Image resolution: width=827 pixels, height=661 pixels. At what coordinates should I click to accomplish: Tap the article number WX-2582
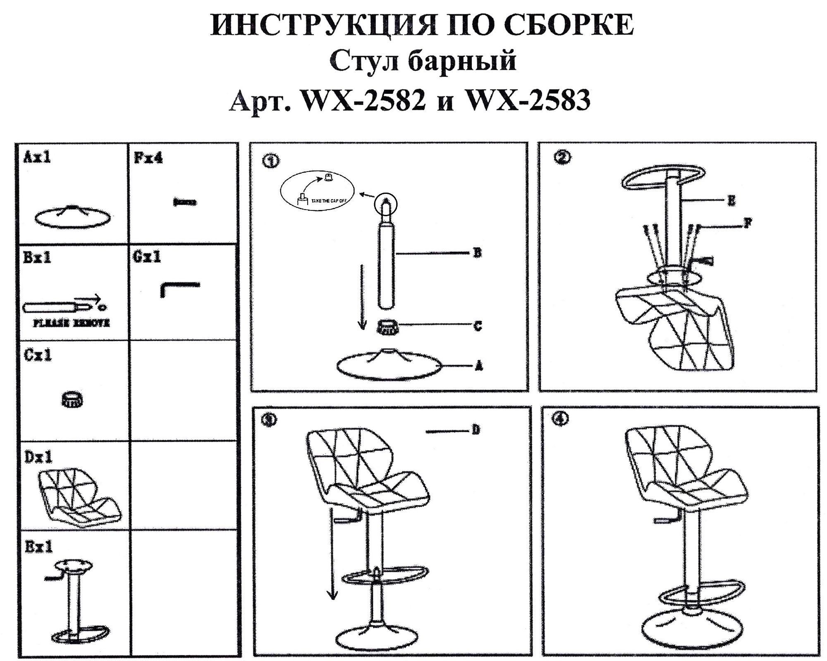click(364, 100)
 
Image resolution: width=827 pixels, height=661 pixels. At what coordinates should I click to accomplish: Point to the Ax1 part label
click(37, 157)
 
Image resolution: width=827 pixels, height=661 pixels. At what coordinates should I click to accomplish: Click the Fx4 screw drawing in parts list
click(185, 203)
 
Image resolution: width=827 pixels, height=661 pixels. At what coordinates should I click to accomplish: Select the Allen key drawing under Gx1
click(179, 288)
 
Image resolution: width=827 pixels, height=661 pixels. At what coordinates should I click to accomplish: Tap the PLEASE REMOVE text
click(72, 323)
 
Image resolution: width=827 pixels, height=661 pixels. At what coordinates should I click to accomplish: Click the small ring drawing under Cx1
click(72, 399)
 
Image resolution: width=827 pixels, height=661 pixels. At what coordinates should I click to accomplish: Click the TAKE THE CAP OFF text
click(328, 201)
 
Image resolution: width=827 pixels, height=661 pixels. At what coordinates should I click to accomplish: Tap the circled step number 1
click(271, 161)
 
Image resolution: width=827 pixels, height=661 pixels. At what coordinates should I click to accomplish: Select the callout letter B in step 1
click(477, 253)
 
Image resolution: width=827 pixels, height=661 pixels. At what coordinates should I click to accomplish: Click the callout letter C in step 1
click(478, 326)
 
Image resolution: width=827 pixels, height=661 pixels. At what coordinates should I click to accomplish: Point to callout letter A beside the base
click(479, 366)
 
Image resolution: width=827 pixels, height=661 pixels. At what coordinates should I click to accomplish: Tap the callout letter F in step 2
click(747, 224)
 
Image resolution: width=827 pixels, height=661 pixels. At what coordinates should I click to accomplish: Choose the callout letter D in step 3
click(476, 430)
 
